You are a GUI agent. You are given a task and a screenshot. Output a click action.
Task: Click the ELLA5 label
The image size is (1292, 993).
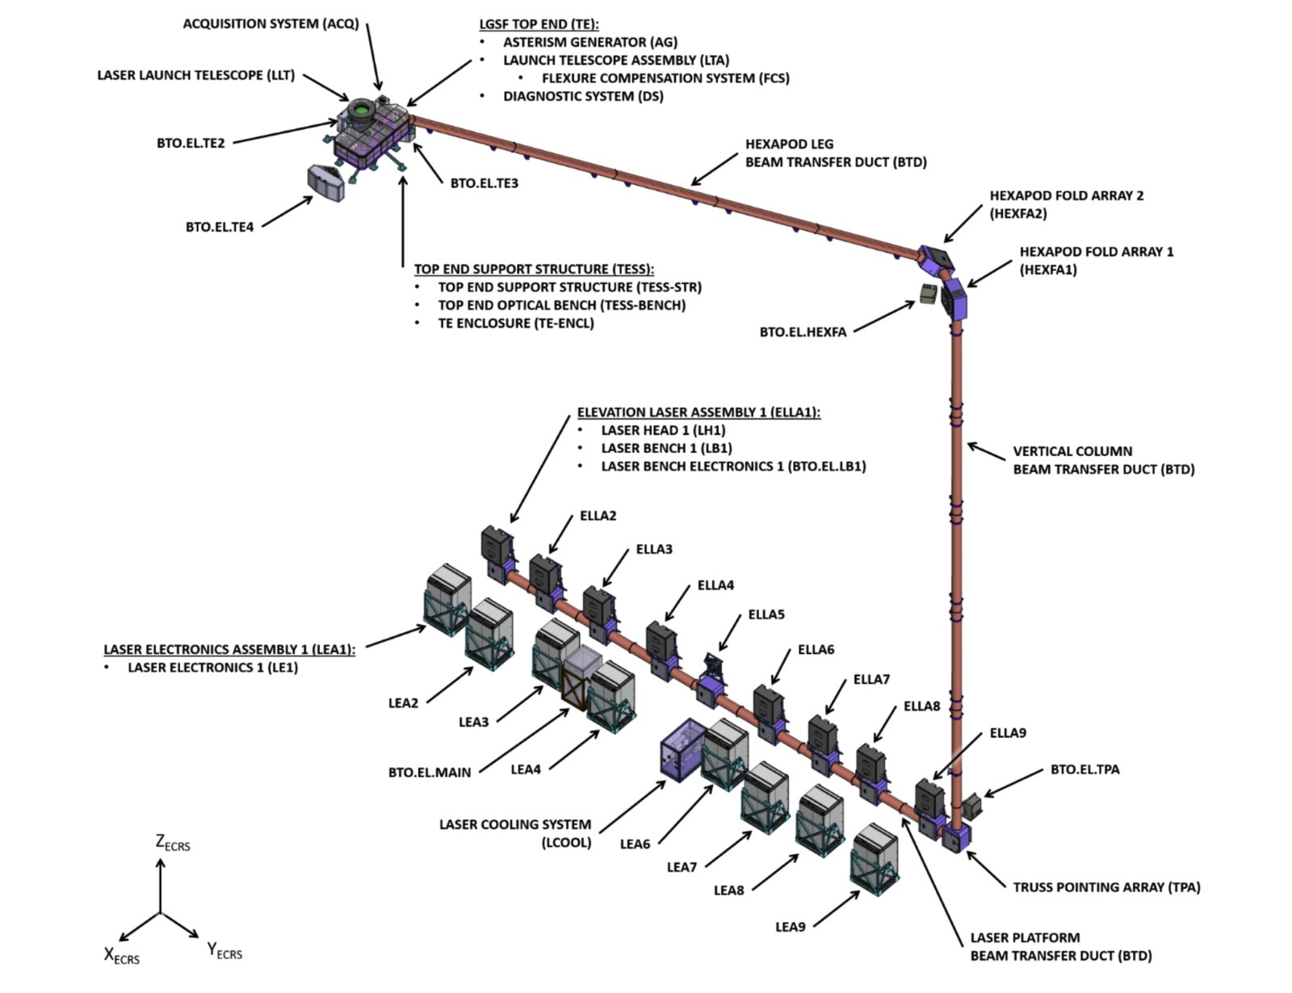766,614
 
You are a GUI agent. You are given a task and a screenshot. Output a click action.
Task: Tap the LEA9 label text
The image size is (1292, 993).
790,927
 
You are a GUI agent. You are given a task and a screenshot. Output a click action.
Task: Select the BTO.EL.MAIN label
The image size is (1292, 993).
429,773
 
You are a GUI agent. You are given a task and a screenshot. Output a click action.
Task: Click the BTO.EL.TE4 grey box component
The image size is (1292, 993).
326,182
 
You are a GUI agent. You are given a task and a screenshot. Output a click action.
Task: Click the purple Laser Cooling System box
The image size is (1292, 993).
683,748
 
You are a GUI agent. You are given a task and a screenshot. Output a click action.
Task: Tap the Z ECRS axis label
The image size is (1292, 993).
172,843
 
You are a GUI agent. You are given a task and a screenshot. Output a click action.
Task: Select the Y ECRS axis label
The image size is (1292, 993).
224,951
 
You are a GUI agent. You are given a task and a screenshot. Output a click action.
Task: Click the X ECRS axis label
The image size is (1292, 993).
121,956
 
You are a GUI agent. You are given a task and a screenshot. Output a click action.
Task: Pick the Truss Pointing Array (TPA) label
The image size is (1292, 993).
1106,887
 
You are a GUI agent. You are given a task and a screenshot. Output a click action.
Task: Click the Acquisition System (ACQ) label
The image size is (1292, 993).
271,23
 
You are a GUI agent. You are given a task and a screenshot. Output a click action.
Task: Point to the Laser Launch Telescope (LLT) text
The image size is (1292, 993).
196,75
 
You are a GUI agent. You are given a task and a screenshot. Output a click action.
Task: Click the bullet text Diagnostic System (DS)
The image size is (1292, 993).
583,96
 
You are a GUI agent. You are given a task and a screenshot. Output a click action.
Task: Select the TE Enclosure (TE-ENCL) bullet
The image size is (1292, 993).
516,323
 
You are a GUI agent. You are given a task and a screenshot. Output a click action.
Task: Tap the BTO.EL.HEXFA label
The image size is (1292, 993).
803,332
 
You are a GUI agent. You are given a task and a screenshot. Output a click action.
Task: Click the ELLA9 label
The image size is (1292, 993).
1008,733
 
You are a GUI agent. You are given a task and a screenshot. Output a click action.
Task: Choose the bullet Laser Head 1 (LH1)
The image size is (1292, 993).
663,430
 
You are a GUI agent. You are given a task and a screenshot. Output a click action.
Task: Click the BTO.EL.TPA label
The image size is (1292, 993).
1084,769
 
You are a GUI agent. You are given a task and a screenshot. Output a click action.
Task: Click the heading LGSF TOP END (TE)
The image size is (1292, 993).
539,24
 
